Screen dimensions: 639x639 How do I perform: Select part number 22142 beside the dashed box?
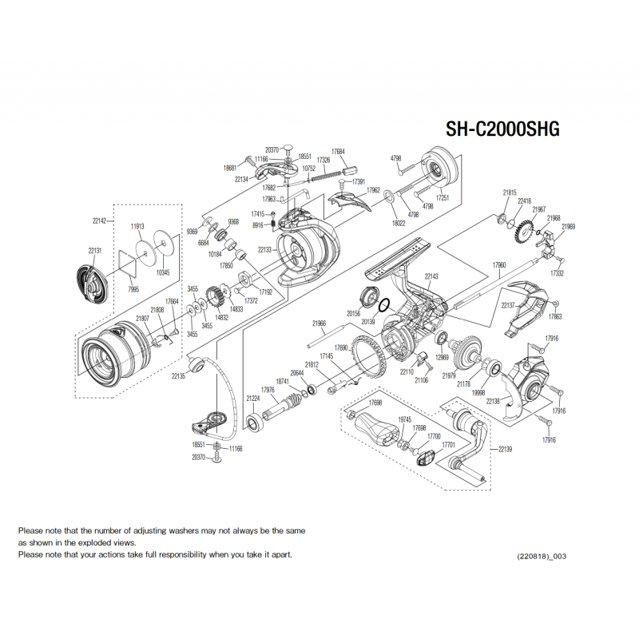coord(99,221)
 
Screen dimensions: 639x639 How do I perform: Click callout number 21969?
coord(568,227)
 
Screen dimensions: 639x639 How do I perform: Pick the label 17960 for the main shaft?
coord(499,264)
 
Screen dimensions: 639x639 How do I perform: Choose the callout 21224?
coord(253,398)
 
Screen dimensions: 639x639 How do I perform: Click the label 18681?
coord(231,168)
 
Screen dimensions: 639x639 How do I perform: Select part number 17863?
coord(555,316)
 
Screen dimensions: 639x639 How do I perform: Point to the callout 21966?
coord(319,323)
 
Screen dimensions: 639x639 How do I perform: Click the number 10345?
coord(162,272)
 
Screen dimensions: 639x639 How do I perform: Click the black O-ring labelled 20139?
coord(383,306)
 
